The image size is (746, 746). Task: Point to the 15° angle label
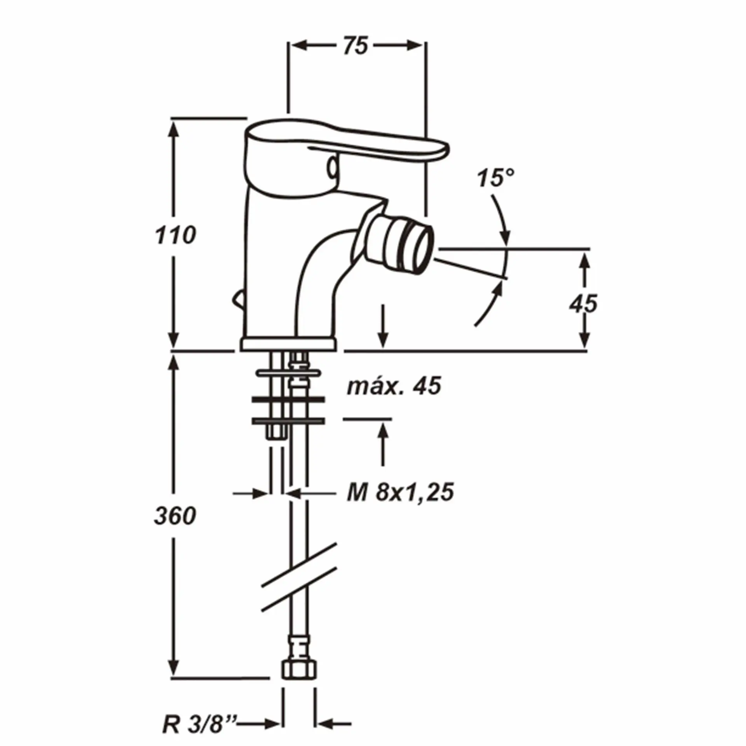click(496, 178)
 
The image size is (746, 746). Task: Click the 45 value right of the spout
click(584, 304)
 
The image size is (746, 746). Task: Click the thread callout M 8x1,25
click(401, 493)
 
